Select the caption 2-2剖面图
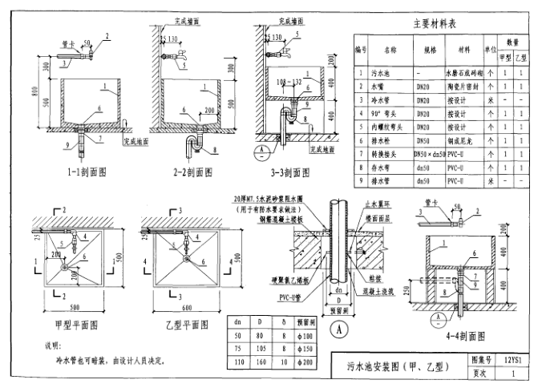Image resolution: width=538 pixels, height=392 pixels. click(191, 171)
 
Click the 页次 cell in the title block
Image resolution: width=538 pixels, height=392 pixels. click(481, 374)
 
